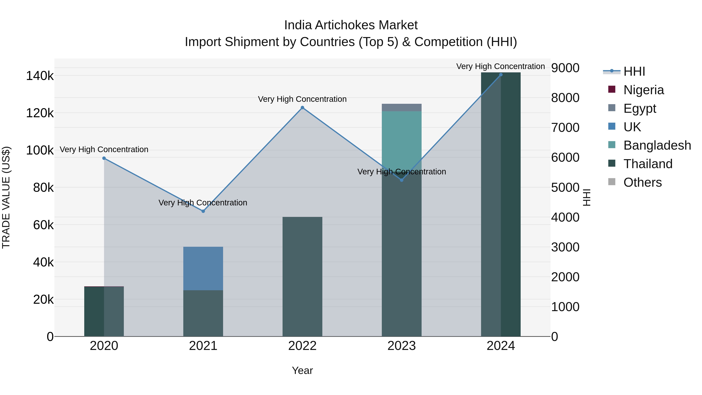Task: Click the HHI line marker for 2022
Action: (x=302, y=108)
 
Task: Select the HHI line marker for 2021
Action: (x=203, y=211)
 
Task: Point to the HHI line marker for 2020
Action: (x=104, y=158)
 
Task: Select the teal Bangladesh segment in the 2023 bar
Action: (x=402, y=139)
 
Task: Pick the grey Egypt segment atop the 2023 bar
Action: (x=402, y=107)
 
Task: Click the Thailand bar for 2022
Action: (x=302, y=276)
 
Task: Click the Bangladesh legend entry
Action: (x=657, y=145)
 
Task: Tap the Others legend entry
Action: (x=642, y=182)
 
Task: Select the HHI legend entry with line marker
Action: (x=634, y=71)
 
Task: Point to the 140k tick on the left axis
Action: (x=40, y=76)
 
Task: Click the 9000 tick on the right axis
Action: (x=565, y=68)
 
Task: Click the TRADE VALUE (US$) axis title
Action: (x=6, y=197)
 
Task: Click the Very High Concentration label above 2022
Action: (x=302, y=99)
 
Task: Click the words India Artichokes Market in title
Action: (x=351, y=25)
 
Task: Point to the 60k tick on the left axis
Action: (x=43, y=225)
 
